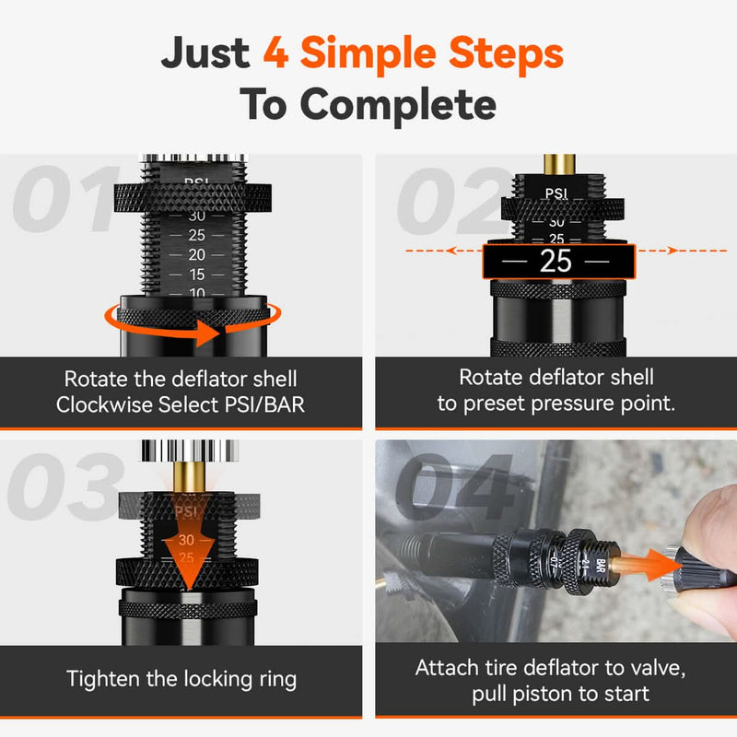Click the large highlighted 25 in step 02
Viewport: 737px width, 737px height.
(556, 261)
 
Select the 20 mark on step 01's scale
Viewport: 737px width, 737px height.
(196, 254)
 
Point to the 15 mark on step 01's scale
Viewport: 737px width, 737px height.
(196, 275)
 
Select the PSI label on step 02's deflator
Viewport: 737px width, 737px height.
(556, 193)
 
